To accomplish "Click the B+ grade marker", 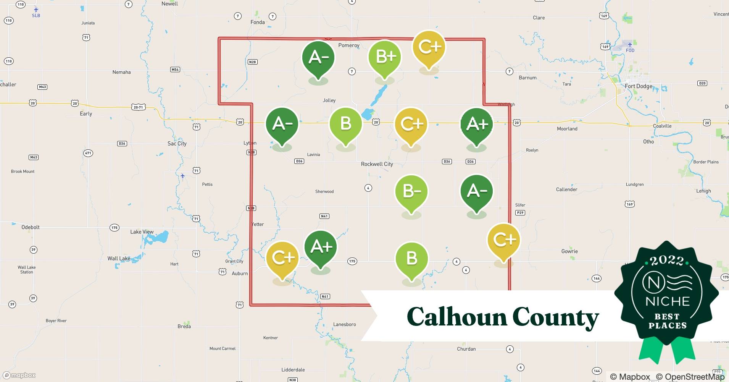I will click(385, 57).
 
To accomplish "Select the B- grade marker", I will click(411, 192).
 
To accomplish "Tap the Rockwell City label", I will click(377, 164).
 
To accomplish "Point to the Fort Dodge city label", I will click(638, 86).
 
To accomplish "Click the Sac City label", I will click(177, 144).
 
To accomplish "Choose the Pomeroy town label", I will click(349, 45).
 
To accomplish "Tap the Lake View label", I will click(142, 232).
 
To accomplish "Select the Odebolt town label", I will click(31, 227).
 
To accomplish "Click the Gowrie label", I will click(569, 251).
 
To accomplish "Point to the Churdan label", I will click(466, 349).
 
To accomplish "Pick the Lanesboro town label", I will click(344, 324).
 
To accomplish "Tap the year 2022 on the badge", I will click(666, 261).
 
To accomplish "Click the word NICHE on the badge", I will click(667, 301).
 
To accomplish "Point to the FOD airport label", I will click(630, 50).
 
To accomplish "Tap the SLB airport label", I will click(36, 15).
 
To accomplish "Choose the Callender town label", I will click(566, 189).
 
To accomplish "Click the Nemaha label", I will click(121, 72).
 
